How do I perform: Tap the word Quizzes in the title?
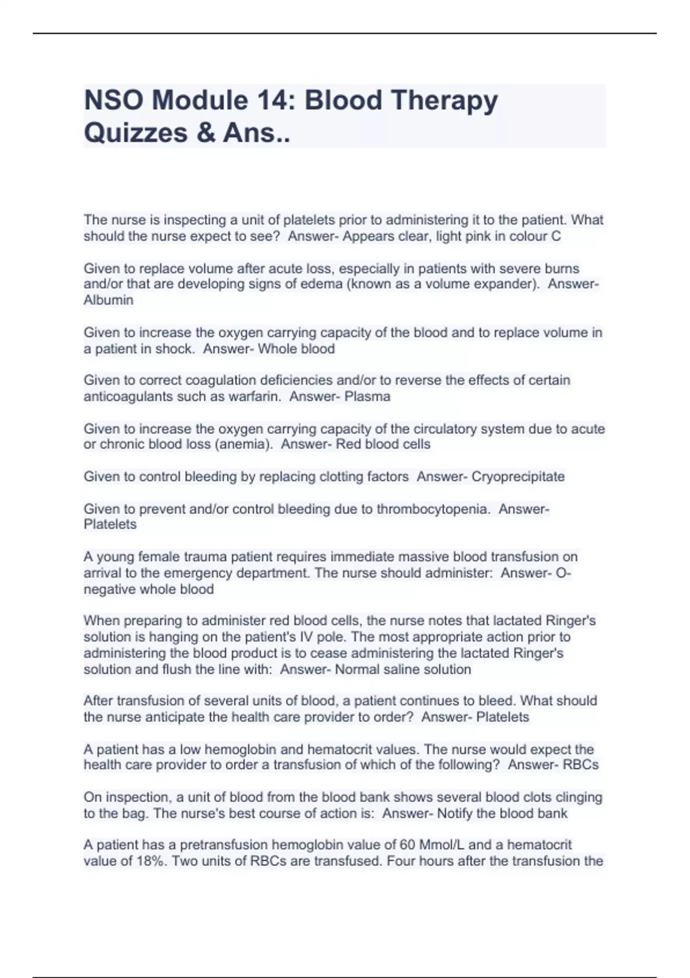pyautogui.click(x=136, y=132)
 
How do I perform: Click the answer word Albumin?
pyautogui.click(x=108, y=300)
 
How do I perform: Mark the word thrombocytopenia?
pyautogui.click(x=432, y=509)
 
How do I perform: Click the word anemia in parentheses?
pyautogui.click(x=247, y=444)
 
